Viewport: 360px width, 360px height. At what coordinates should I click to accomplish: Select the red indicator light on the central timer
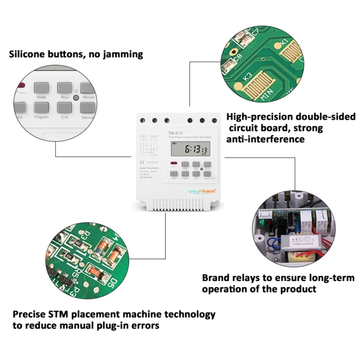173,164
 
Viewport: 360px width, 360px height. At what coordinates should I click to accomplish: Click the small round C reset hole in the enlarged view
76,91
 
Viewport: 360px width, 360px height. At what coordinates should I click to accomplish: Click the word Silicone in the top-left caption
29,54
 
